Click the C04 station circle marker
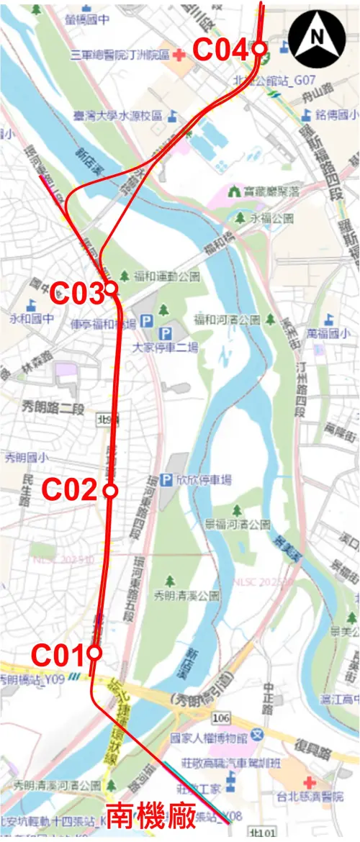tap(260, 49)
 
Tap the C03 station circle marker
tap(111, 289)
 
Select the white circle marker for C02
tap(110, 491)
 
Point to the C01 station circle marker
tap(94, 653)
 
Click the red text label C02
tap(68, 490)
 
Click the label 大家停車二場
tap(165, 346)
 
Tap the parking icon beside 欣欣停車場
tap(167, 479)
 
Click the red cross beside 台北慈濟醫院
tap(309, 782)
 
